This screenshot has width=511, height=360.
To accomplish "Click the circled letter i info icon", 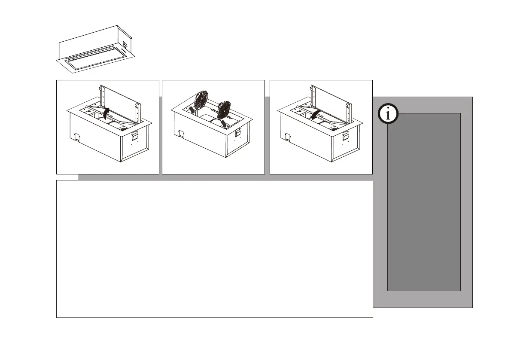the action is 389,114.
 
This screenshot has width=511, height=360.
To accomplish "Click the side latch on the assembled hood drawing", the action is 124,44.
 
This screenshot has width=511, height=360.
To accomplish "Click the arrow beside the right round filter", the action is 223,123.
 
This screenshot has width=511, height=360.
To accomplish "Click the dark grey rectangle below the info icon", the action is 424,202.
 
